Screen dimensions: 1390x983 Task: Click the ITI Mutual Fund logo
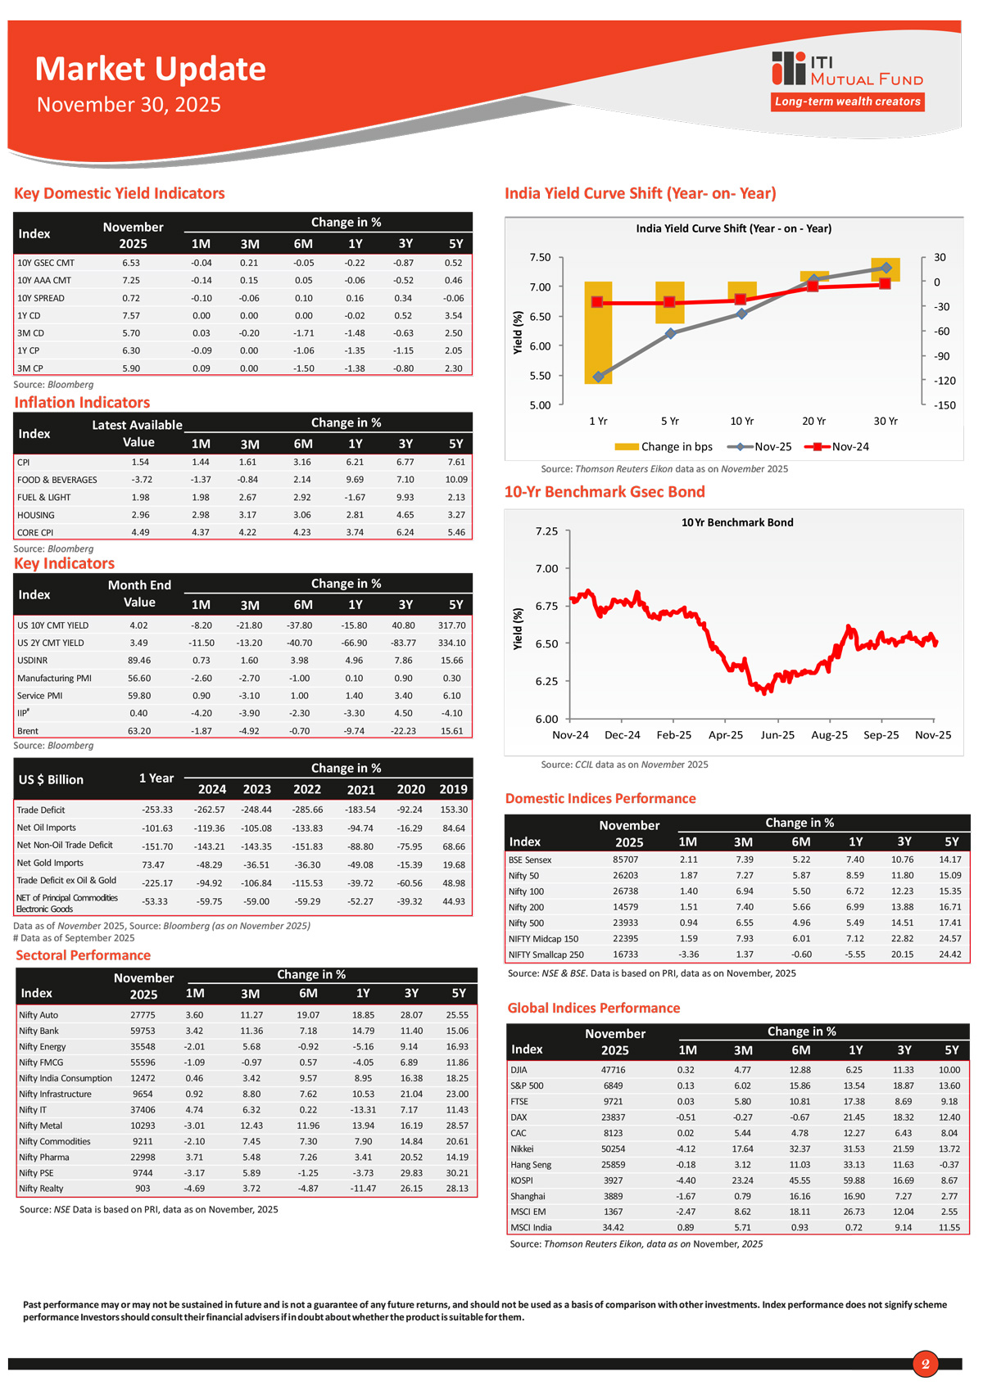point(847,69)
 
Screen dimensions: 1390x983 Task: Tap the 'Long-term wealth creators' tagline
point(848,102)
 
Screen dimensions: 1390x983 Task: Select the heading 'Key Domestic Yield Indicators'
point(120,193)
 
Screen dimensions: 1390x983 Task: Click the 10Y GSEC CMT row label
point(46,263)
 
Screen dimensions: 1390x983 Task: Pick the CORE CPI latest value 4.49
point(140,532)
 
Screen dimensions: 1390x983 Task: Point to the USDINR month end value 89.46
point(139,661)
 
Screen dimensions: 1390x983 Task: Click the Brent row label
point(28,731)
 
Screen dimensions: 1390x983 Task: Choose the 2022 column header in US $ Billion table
point(307,789)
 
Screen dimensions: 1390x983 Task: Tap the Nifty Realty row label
point(41,1189)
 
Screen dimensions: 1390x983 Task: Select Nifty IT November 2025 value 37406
point(143,1110)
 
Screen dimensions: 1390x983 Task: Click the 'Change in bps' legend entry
point(664,447)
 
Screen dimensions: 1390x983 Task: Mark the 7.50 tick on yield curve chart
point(540,257)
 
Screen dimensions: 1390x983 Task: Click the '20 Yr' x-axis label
point(813,421)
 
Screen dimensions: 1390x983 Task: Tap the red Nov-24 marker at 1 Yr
point(597,302)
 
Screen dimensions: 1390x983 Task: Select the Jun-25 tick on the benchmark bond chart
point(777,735)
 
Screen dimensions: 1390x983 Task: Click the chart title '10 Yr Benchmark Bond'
point(737,522)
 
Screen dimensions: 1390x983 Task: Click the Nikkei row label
point(522,1149)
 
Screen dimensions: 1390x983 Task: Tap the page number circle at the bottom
point(925,1364)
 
